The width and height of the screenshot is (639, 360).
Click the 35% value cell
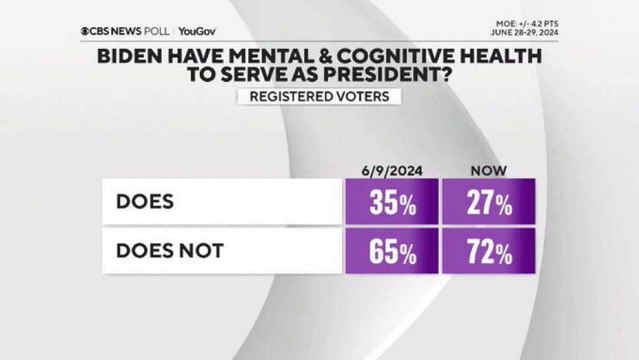point(392,201)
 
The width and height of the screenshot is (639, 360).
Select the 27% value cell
point(488,201)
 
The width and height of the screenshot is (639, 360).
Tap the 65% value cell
point(392,251)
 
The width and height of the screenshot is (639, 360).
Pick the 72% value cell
point(488,251)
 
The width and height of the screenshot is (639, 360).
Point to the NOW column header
point(488,170)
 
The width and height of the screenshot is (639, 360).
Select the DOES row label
point(145,201)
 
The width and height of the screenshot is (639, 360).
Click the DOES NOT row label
point(170,251)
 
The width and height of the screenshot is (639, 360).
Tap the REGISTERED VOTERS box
point(319,96)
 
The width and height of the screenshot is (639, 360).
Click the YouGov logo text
point(197,31)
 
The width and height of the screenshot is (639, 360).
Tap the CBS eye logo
point(85,31)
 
